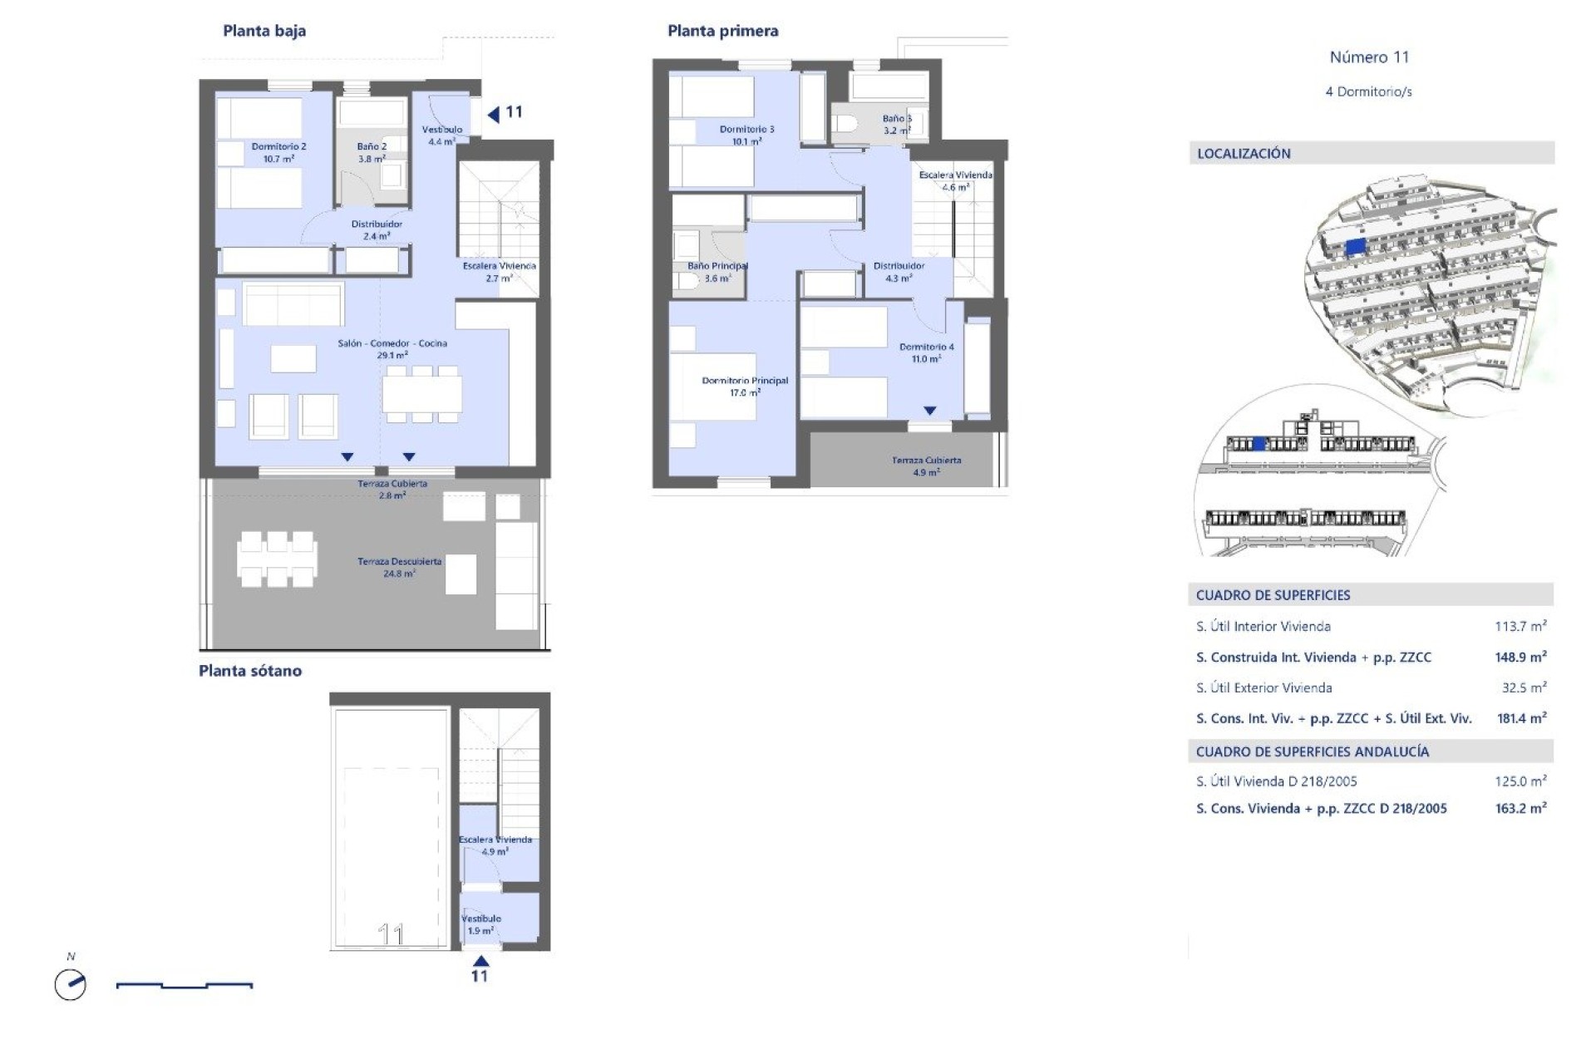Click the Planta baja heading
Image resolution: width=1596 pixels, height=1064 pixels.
coord(264,32)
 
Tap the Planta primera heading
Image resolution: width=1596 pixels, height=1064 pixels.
coord(722,32)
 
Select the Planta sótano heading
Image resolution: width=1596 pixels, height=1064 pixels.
coord(249,671)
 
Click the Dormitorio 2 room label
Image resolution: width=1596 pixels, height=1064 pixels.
coord(278,152)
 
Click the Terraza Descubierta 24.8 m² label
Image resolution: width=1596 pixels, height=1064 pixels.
coord(399,567)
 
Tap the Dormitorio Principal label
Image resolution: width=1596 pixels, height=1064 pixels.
coord(744,387)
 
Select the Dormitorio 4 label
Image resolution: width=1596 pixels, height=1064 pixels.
coord(926,352)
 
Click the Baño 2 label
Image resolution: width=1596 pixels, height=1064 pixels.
coord(372,152)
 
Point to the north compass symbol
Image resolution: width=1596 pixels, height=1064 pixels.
coord(71,984)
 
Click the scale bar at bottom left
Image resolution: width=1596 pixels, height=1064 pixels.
coord(185,986)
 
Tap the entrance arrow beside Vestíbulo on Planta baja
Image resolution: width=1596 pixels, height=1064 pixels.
coord(494,114)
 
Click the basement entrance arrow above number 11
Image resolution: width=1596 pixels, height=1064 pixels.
coord(480,961)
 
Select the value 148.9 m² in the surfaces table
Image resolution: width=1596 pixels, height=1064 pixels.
coord(1520,658)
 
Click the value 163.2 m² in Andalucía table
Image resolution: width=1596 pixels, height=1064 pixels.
coord(1520,808)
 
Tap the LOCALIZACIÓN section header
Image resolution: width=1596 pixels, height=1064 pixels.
coord(1244,154)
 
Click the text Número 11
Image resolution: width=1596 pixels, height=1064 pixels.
coord(1369,57)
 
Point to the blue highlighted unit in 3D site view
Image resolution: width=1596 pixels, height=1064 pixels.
coord(1355,246)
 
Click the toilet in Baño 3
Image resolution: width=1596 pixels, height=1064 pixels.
coord(844,124)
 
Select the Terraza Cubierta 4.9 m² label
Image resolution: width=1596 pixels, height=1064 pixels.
coord(926,465)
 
